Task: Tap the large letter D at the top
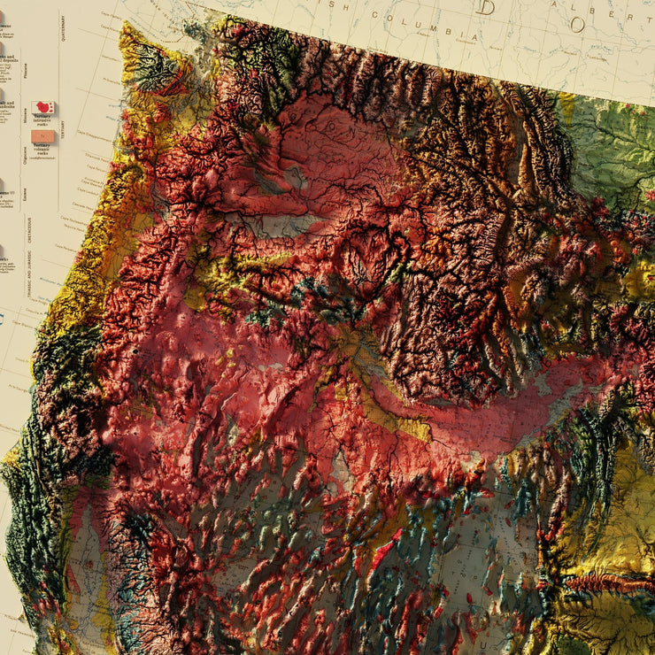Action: click(x=486, y=8)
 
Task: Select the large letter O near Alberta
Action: click(x=577, y=24)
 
